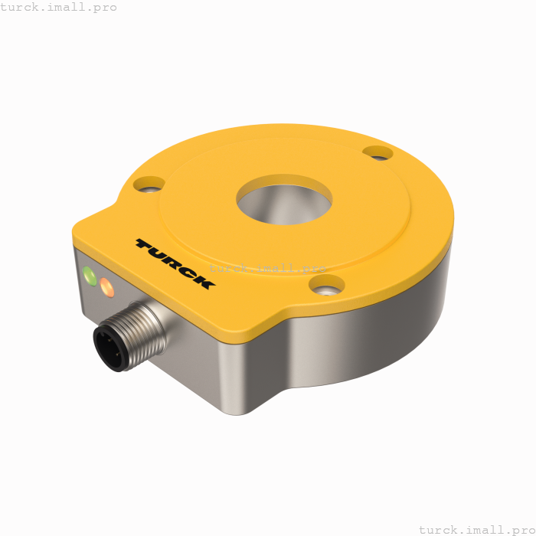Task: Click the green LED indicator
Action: (90, 276)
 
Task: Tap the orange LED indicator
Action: (106, 289)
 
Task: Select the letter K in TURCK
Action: (203, 281)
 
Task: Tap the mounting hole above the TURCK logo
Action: (149, 185)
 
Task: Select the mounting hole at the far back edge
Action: (377, 153)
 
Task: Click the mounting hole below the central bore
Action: (327, 286)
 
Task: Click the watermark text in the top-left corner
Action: (59, 7)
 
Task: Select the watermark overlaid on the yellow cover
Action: (267, 268)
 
